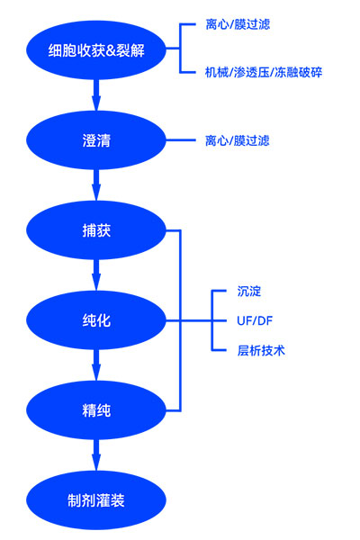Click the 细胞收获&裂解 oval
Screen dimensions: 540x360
click(95, 49)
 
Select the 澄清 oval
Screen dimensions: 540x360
click(95, 140)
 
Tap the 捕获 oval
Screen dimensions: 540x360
click(95, 231)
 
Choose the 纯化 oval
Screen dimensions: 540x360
click(95, 320)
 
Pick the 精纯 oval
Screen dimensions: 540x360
click(95, 411)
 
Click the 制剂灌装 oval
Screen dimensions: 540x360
click(95, 500)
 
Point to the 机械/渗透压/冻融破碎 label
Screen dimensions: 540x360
click(263, 72)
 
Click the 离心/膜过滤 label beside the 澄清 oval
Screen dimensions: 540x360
click(238, 140)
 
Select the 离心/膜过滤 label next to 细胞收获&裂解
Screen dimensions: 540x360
click(238, 24)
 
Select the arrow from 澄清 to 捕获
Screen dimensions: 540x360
click(95, 185)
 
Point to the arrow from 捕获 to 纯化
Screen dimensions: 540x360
click(95, 275)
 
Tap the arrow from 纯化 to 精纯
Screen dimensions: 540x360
click(95, 365)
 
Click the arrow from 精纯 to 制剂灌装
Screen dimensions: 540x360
click(95, 455)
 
